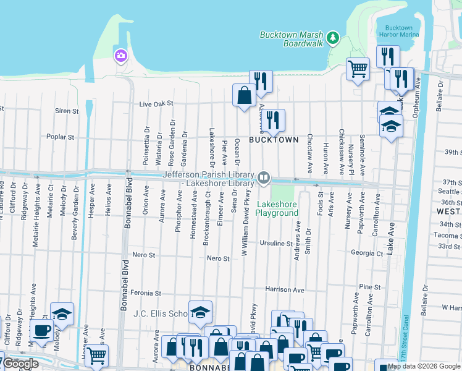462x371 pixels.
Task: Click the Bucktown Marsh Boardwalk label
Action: [x=291, y=40]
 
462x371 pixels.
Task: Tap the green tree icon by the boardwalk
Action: [x=334, y=38]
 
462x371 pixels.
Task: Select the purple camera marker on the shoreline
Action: [x=120, y=56]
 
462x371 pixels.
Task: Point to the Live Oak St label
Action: [x=155, y=104]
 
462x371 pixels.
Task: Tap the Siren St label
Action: [x=67, y=111]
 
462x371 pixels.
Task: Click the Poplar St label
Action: [x=61, y=137]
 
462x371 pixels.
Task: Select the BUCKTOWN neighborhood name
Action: [x=274, y=140]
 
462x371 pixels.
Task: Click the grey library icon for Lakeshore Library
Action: [x=264, y=178]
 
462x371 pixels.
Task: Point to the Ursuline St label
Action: [x=275, y=244]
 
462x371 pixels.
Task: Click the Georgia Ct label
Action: [x=367, y=253]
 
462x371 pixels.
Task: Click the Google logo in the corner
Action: [x=20, y=364]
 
